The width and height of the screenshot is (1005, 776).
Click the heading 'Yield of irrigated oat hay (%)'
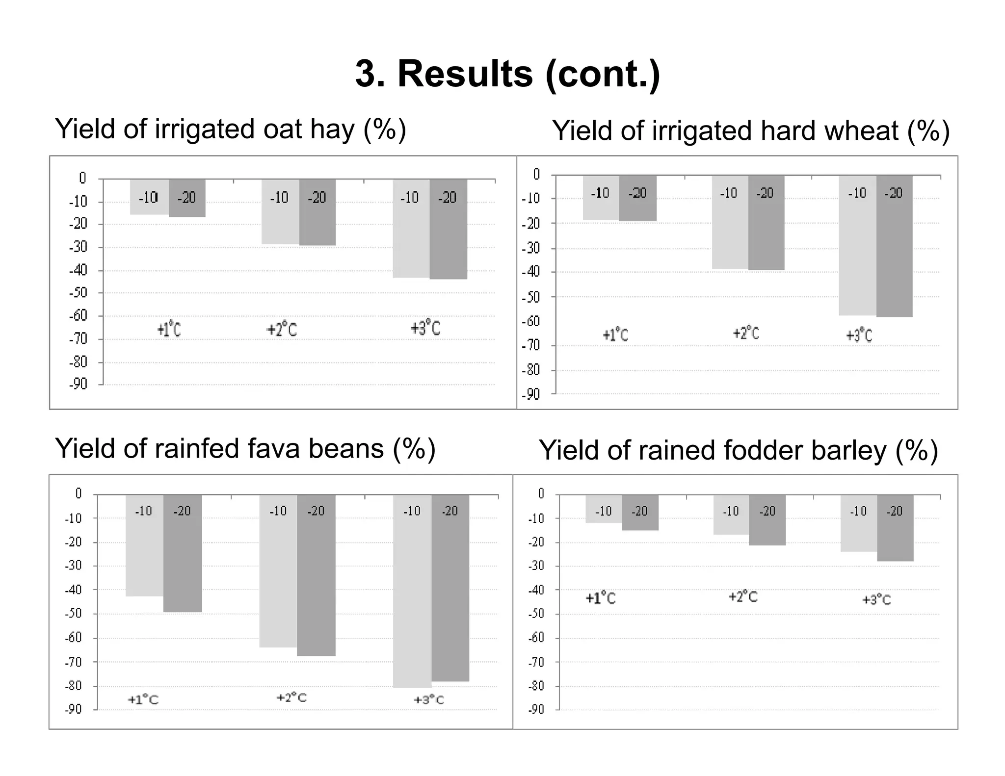coord(231,129)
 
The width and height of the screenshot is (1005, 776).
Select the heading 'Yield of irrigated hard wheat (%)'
coord(751,131)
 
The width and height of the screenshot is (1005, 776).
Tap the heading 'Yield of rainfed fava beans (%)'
coord(245,449)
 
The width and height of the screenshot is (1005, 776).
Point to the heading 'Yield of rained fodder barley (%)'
coord(738,450)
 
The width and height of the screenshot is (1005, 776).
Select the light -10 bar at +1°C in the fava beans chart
coord(144,554)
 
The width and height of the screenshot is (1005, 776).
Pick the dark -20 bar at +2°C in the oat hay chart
coord(317,221)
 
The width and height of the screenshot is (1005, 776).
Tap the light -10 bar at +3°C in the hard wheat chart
coord(857,255)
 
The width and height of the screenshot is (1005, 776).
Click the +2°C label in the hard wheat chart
coord(746,334)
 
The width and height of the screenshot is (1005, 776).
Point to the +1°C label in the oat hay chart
coord(169,329)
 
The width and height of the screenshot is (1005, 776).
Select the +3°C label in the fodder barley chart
coord(876,599)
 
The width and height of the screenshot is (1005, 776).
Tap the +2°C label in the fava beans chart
coord(291,698)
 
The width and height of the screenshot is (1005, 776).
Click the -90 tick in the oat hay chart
coord(78,384)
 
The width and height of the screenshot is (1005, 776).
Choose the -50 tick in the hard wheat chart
coord(530,297)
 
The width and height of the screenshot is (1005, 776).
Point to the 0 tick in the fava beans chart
coord(78,493)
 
